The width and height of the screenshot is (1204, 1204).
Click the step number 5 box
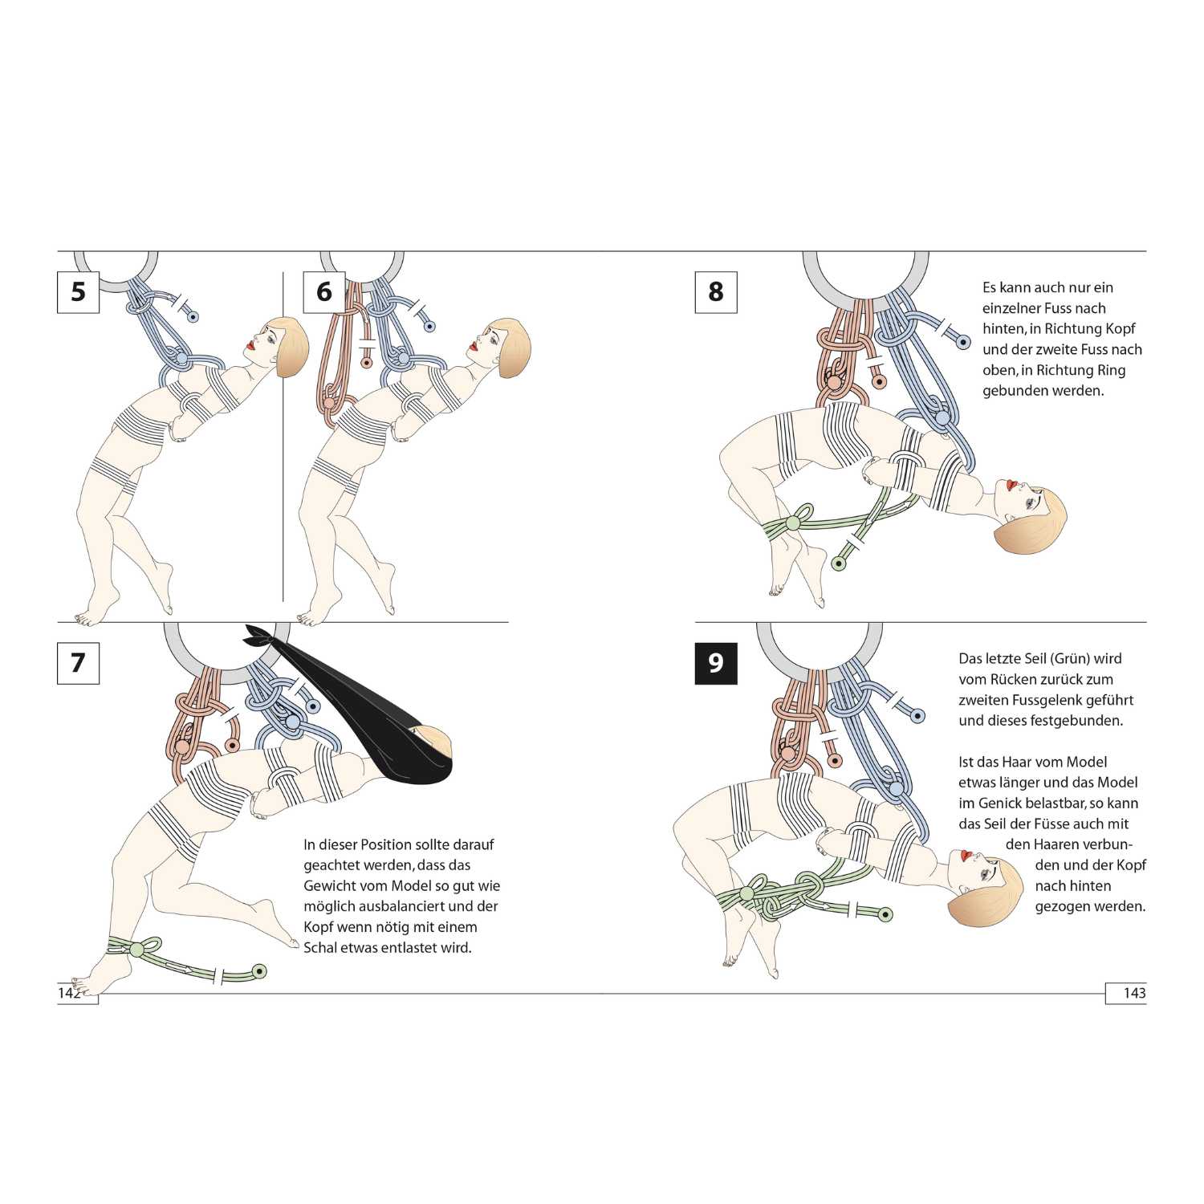(78, 291)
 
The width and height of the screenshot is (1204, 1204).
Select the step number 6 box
(323, 291)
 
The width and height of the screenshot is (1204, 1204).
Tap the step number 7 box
(78, 663)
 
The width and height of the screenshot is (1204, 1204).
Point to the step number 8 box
(715, 291)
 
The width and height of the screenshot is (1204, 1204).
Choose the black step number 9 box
(715, 663)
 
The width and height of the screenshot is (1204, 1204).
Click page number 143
(1134, 993)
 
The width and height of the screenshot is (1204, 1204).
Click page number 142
(70, 993)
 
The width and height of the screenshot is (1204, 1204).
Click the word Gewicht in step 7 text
(332, 886)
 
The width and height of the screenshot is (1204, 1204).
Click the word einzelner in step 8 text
(1013, 308)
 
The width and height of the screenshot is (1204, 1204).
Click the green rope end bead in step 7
(258, 972)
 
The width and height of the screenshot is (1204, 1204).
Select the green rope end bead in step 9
(885, 914)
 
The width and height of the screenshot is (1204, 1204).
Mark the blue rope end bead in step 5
(193, 317)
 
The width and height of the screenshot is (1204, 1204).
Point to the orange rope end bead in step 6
(367, 363)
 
